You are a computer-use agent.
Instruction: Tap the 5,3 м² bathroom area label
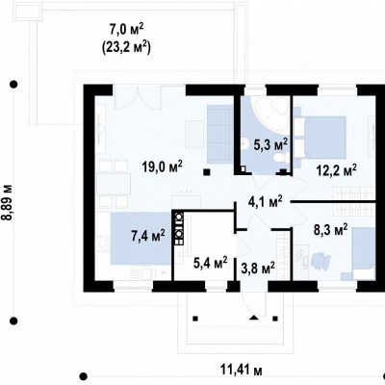270,144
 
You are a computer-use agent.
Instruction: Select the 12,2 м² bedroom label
336,170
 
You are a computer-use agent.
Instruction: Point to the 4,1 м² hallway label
266,202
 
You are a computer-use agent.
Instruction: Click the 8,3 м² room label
330,230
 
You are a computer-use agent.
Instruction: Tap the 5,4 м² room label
211,263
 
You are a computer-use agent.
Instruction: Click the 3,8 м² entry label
258,267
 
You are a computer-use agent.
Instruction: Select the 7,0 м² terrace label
126,31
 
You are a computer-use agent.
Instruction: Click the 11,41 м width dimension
242,371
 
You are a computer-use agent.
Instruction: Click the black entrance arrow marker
254,318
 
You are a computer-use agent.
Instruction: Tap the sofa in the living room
219,134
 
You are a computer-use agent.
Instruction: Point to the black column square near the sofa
207,172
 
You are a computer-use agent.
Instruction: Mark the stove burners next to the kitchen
179,228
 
